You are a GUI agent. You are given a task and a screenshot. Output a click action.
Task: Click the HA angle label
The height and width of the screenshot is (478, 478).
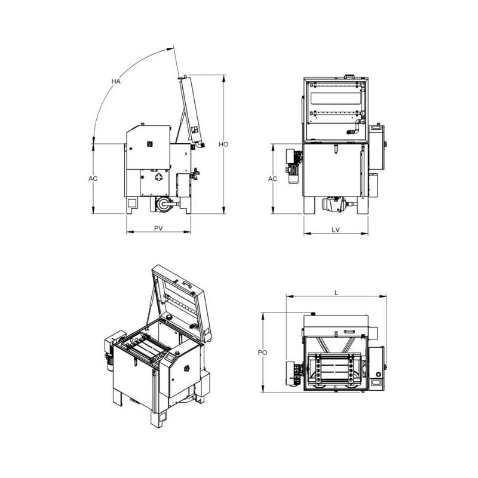point(116,81)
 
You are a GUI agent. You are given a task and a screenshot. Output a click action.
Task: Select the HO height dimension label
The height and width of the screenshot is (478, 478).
point(223,144)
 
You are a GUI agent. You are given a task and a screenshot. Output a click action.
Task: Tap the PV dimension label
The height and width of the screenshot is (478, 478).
point(158,228)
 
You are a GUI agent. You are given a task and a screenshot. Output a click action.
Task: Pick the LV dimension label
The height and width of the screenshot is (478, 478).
point(336,230)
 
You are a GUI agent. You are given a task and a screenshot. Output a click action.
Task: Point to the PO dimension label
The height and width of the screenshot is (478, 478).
point(262,353)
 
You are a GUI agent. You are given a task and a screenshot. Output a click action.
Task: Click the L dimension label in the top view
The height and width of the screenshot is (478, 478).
point(336,293)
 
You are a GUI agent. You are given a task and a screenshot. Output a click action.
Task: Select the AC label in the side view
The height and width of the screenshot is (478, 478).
point(93,178)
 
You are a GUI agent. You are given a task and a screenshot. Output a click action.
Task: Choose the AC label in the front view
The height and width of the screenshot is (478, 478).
point(272,179)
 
